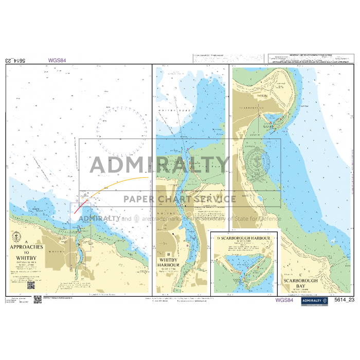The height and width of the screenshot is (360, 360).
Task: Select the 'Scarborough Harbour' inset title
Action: point(244,238)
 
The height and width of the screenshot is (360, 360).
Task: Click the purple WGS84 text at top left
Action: point(57,60)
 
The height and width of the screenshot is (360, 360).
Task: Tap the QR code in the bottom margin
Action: point(38,299)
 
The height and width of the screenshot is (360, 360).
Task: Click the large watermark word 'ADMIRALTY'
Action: point(159,165)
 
